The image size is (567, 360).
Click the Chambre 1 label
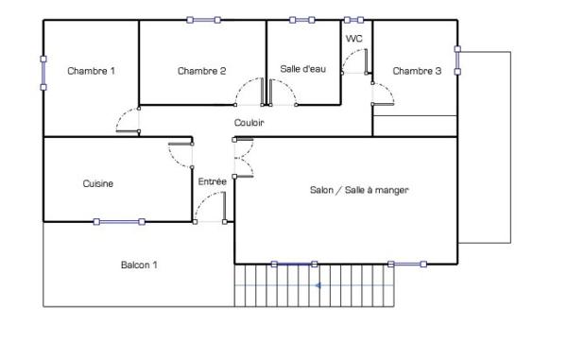91,71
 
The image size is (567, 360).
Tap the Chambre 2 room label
201,71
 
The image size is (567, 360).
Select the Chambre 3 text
417,71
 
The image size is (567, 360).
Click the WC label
354,39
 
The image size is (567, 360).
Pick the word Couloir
249,123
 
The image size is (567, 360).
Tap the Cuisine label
98,184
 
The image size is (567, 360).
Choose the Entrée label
212,180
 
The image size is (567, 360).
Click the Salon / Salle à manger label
358,190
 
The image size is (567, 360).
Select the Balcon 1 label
139,266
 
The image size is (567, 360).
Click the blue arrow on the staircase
319,284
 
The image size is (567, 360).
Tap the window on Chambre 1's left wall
43,73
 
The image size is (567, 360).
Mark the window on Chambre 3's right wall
457,60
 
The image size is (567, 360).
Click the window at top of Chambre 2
203,20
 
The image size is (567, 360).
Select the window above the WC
353,20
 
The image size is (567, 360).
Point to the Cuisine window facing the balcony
118,222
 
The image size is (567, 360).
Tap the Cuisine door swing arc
180,155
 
